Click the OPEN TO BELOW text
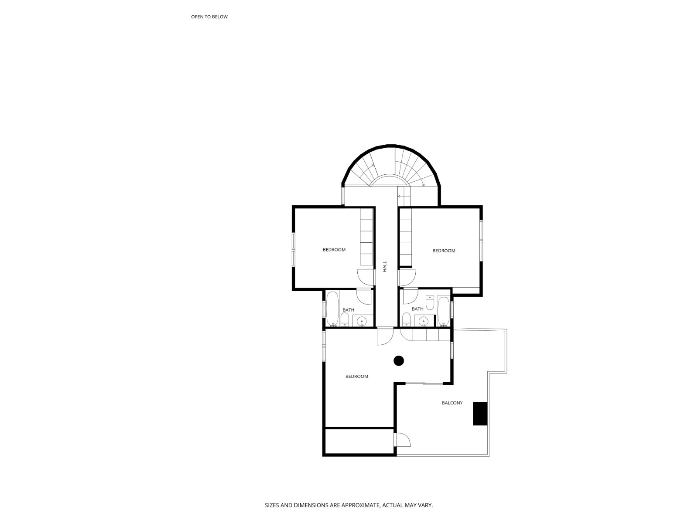click(209, 17)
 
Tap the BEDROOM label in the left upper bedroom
click(334, 250)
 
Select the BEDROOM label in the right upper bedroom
click(444, 251)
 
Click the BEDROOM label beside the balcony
click(356, 377)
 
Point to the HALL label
click(385, 266)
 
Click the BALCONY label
click(452, 403)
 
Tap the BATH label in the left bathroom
click(348, 310)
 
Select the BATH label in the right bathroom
click(417, 309)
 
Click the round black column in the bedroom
click(399, 361)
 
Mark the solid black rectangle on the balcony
click(480, 414)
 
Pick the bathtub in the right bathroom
click(444, 311)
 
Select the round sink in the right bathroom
click(423, 322)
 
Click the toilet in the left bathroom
click(345, 320)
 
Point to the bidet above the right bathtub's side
click(429, 302)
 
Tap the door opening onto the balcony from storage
click(403, 440)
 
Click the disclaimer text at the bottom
click(349, 506)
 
